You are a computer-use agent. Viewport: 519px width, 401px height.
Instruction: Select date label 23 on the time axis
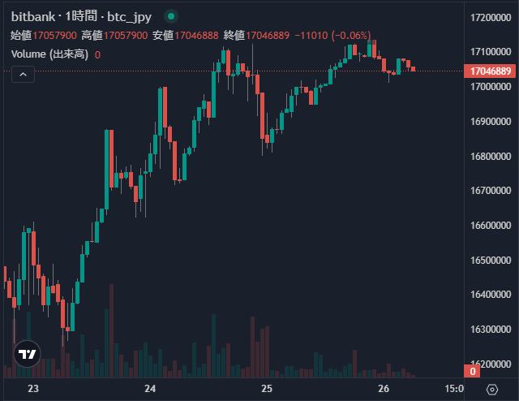(x=33, y=390)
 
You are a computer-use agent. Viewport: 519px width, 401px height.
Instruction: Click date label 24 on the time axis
(x=150, y=390)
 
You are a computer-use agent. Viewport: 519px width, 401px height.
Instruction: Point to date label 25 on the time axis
(x=267, y=390)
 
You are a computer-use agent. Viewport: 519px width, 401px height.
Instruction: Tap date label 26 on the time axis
(x=384, y=390)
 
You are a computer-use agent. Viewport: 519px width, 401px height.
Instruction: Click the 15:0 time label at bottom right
(x=455, y=390)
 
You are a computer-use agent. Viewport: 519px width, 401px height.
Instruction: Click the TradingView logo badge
(x=27, y=354)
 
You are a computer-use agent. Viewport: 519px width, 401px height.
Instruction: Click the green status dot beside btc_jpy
(x=171, y=16)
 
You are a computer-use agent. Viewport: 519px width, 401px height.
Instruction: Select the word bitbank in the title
(x=34, y=17)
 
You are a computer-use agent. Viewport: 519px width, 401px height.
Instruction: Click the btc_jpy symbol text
(x=131, y=17)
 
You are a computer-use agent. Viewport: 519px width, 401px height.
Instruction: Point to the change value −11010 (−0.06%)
(x=332, y=36)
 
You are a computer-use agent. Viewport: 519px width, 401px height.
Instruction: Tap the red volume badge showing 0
(x=474, y=372)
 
